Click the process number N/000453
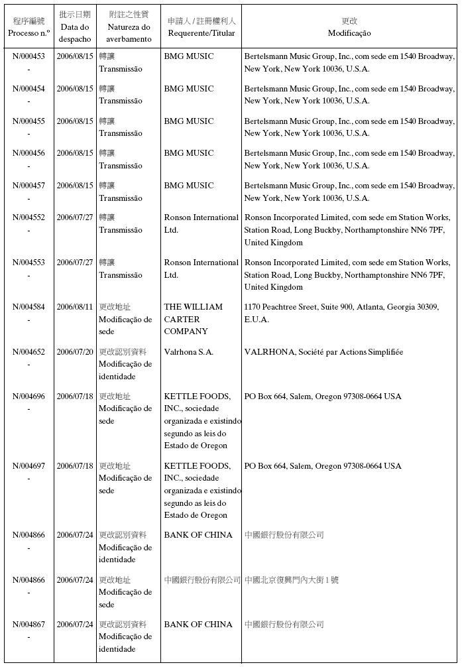click(29, 56)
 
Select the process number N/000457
click(29, 186)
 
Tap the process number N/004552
click(29, 217)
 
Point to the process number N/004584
click(29, 307)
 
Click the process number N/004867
click(29, 625)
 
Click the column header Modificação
click(349, 33)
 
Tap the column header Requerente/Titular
click(202, 33)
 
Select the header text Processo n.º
click(29, 33)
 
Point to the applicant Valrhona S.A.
click(189, 352)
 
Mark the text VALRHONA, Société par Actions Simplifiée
click(323, 352)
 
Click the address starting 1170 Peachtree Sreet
click(341, 313)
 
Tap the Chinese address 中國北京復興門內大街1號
click(292, 580)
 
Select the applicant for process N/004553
click(201, 269)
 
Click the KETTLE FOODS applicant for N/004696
click(202, 421)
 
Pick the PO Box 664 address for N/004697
click(323, 466)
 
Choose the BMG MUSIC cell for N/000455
click(189, 121)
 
